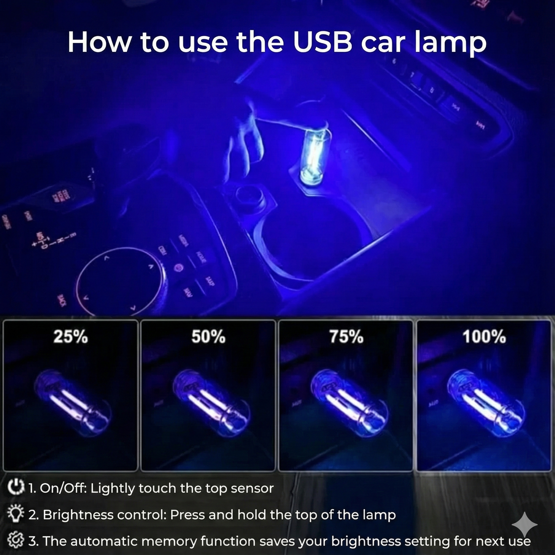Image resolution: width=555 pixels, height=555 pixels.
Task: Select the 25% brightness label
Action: point(71,336)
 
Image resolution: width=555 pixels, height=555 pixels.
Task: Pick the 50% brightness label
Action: point(209,336)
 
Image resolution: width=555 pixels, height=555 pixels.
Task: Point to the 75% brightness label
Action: point(346,336)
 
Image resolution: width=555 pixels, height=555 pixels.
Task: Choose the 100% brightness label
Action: point(484,336)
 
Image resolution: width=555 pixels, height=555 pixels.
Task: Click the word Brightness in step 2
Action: point(78,515)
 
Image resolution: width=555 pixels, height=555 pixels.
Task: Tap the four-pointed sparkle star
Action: point(525,525)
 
